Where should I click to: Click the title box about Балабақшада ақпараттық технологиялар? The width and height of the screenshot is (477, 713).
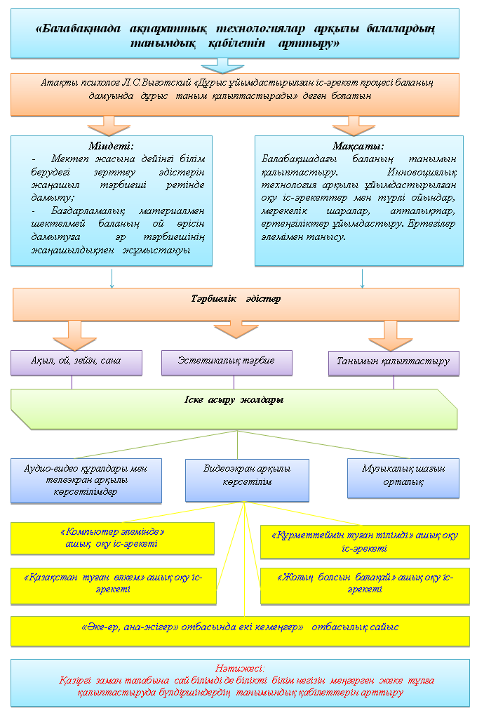(236, 34)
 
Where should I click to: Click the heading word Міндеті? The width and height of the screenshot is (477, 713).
(106, 146)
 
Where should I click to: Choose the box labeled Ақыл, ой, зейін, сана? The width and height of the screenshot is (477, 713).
(76, 362)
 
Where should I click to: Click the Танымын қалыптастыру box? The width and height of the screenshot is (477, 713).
(393, 363)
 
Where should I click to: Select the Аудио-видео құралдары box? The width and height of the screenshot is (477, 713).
(86, 481)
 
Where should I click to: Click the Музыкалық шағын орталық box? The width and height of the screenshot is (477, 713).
(403, 478)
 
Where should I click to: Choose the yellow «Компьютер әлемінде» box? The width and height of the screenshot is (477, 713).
(112, 538)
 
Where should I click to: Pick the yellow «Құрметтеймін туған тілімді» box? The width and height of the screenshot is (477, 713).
(365, 542)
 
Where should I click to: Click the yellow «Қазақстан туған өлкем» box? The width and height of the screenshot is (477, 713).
(112, 584)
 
